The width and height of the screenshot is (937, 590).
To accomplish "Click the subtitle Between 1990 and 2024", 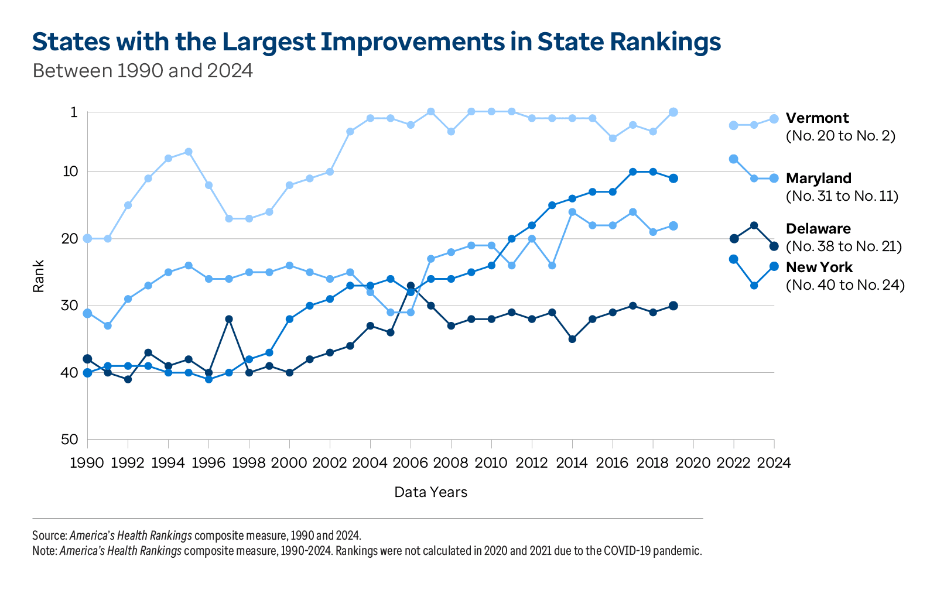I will click(x=142, y=71).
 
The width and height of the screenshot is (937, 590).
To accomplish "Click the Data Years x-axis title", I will click(x=430, y=492).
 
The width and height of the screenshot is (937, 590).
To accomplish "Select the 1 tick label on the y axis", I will click(x=74, y=112).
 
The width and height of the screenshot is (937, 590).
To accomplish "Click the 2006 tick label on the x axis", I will click(x=410, y=463).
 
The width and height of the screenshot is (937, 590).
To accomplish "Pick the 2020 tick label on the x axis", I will click(x=693, y=463).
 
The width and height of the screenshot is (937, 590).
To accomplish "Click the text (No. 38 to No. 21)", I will click(x=843, y=246).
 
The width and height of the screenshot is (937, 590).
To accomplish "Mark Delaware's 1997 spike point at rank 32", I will click(x=229, y=319).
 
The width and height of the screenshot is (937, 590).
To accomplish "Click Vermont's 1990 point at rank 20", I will click(x=87, y=239).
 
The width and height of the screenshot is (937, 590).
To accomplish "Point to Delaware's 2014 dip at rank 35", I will click(x=572, y=339).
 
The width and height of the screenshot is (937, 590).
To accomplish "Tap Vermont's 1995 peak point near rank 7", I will click(x=189, y=152).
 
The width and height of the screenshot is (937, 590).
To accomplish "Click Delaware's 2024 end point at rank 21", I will click(x=774, y=246).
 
